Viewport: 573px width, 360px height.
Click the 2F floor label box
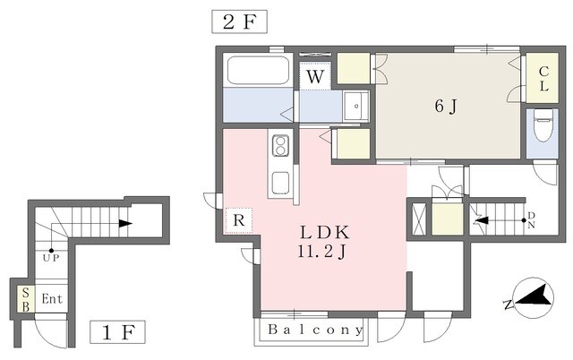click(240, 21)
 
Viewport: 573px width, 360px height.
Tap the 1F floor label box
click(118, 333)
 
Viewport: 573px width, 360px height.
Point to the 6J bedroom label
click(445, 107)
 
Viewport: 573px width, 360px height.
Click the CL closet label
click(543, 81)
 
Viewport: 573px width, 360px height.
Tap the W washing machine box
click(315, 77)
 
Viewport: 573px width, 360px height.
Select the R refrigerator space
click(239, 220)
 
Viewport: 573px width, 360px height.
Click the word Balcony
click(313, 330)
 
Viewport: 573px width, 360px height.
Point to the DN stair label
click(532, 219)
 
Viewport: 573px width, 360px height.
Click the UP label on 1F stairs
click(51, 259)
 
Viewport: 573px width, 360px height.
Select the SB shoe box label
click(26, 300)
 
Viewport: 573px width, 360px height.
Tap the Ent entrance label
click(51, 300)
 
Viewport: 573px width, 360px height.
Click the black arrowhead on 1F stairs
click(125, 224)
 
